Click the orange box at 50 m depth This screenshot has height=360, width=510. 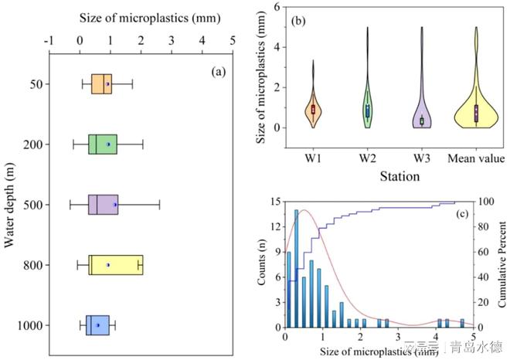[101, 84]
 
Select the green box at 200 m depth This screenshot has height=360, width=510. [102, 144]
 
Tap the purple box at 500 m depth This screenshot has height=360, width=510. [103, 205]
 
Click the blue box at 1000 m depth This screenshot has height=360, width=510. [97, 325]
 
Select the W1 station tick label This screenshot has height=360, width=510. [313, 159]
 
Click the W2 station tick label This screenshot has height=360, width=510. [367, 159]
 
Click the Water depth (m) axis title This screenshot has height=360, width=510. [10, 205]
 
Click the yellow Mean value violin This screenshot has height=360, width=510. [476, 108]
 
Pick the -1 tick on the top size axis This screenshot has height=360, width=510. [49, 38]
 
